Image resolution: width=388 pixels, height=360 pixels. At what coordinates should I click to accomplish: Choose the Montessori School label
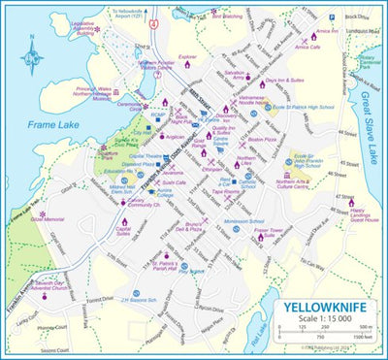tap(244, 220)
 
